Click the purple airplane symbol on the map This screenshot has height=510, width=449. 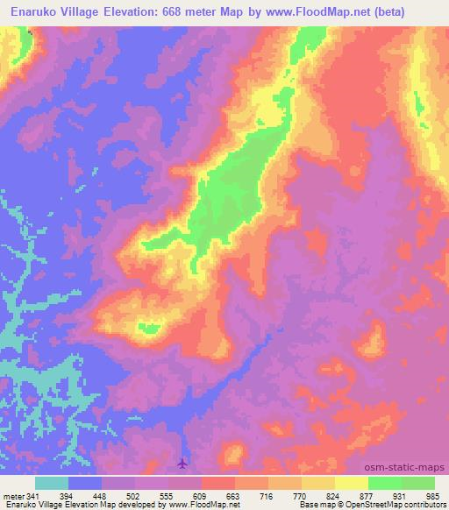(182, 462)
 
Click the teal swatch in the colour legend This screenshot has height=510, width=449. (52, 482)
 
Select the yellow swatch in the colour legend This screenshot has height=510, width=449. (351, 482)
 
